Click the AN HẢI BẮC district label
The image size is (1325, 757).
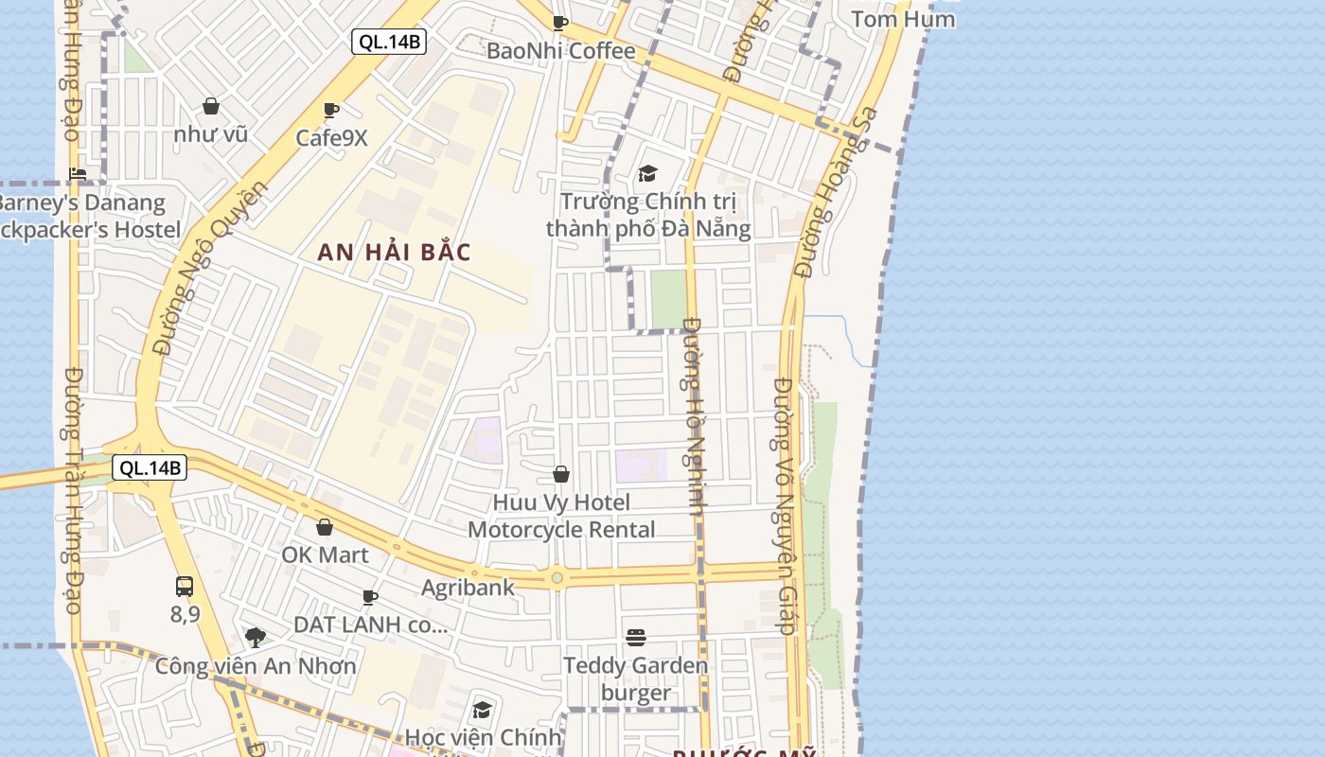tap(394, 253)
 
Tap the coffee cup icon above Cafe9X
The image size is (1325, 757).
tap(330, 111)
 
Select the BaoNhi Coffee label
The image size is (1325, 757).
tap(560, 51)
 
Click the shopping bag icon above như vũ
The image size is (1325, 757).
tap(211, 106)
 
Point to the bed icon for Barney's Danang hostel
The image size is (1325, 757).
tap(78, 174)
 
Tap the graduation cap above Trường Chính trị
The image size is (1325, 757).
tap(647, 173)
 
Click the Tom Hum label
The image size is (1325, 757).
tap(902, 19)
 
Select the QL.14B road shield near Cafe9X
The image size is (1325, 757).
tap(389, 42)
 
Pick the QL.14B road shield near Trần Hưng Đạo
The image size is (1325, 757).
tap(149, 467)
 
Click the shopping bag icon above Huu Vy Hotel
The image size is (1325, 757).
tap(561, 474)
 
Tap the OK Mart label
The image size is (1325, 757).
tap(325, 555)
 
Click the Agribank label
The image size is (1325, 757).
tap(468, 588)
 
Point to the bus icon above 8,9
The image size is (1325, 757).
tap(185, 587)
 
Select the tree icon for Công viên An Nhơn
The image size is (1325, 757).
tap(256, 637)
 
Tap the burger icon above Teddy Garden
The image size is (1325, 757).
tap(635, 638)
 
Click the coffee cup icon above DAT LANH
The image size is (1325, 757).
tap(370, 597)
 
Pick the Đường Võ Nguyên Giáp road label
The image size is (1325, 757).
tap(785, 506)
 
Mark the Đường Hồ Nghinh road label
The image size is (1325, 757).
tap(694, 416)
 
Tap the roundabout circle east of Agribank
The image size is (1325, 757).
tap(557, 577)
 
